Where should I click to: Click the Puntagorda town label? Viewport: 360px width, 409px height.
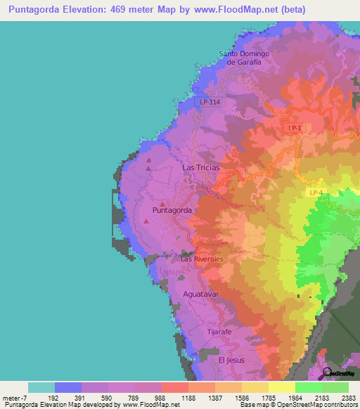172,210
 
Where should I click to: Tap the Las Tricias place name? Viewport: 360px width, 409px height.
200,168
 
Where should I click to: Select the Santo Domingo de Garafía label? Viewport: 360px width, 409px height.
244,58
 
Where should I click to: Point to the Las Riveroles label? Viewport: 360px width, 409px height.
202,259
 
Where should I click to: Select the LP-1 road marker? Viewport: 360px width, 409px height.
295,127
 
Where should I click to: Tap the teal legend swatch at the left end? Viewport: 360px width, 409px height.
41,387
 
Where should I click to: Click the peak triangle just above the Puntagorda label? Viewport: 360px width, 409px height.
162,204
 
